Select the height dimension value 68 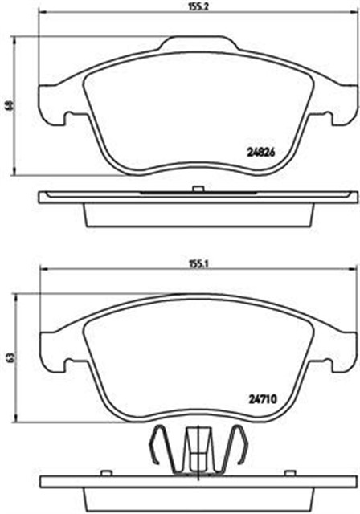coord(9,105)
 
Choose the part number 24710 coord(260,396)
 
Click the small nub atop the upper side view coord(196,189)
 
